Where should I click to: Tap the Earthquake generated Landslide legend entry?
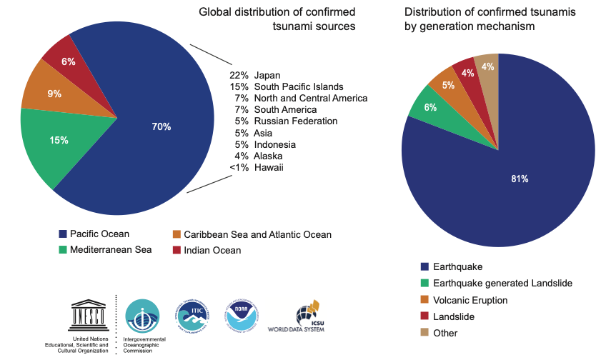point(493,284)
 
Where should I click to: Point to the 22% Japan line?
point(255,75)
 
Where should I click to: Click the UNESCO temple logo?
point(89,314)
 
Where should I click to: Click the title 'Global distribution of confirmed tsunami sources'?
point(277,19)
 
